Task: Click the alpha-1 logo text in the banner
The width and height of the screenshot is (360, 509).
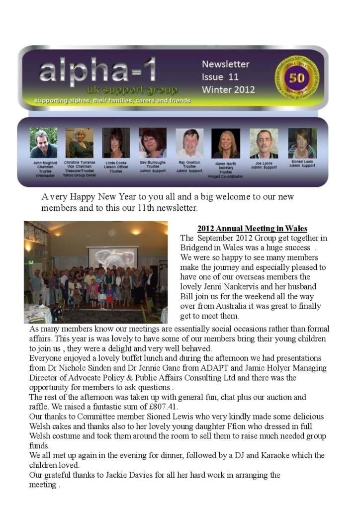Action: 97,70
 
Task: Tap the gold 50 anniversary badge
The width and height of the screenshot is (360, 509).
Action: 296,78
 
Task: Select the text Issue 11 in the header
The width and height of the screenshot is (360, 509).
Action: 220,77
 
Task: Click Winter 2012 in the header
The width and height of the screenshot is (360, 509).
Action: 228,90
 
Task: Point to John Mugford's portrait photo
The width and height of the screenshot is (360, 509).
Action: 43,143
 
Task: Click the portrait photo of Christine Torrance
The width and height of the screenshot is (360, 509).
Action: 79,143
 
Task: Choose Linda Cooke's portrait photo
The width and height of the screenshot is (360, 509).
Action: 115,143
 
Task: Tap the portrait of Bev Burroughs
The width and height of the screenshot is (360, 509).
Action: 153,143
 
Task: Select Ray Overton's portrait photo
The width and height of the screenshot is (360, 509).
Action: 189,143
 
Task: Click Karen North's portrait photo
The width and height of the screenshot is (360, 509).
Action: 226,143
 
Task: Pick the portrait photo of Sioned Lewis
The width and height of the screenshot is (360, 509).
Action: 302,143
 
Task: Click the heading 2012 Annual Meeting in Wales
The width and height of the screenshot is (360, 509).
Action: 252,229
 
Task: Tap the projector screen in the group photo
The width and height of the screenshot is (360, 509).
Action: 112,258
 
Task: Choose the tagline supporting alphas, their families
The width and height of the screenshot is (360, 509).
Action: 112,100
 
